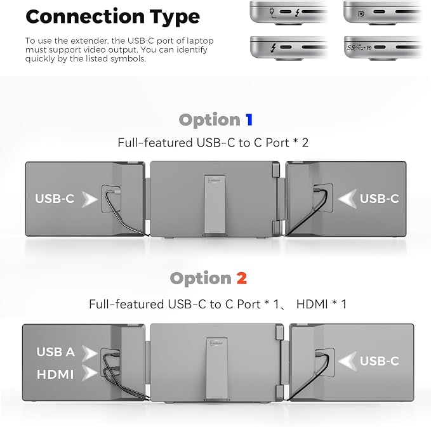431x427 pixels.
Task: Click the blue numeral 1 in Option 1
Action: tap(249, 120)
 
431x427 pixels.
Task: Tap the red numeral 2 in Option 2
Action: tap(242, 278)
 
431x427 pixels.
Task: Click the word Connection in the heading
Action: tap(84, 16)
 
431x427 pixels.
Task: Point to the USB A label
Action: tap(55, 351)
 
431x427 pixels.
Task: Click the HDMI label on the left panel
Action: tap(55, 374)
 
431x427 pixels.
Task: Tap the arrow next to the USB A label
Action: tap(90, 353)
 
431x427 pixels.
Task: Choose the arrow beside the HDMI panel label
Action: tap(90, 373)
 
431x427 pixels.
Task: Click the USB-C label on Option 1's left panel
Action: tap(55, 199)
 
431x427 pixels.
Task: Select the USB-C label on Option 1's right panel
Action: tap(380, 199)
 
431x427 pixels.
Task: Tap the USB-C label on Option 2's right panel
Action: tap(380, 361)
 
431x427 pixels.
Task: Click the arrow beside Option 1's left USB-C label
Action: tap(90, 199)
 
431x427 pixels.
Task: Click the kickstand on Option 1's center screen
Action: tap(215, 206)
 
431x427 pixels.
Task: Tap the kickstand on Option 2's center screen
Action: tap(217, 368)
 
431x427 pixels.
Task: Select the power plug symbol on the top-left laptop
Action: tap(272, 13)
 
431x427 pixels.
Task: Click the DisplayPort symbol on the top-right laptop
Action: tap(361, 13)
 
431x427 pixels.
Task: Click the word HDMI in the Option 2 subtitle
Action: tap(312, 304)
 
